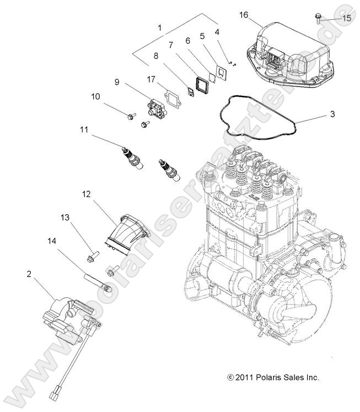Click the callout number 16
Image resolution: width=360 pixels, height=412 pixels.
point(243,15)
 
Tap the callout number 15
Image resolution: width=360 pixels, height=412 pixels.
point(346,18)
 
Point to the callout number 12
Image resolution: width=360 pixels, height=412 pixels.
point(87,194)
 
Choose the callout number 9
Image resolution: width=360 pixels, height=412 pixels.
point(117,82)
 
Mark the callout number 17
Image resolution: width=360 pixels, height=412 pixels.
point(151,79)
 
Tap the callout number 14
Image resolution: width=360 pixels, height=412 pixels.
point(52,240)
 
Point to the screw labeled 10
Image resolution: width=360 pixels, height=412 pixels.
point(132,116)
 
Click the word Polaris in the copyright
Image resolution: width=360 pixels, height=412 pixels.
point(274,378)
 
